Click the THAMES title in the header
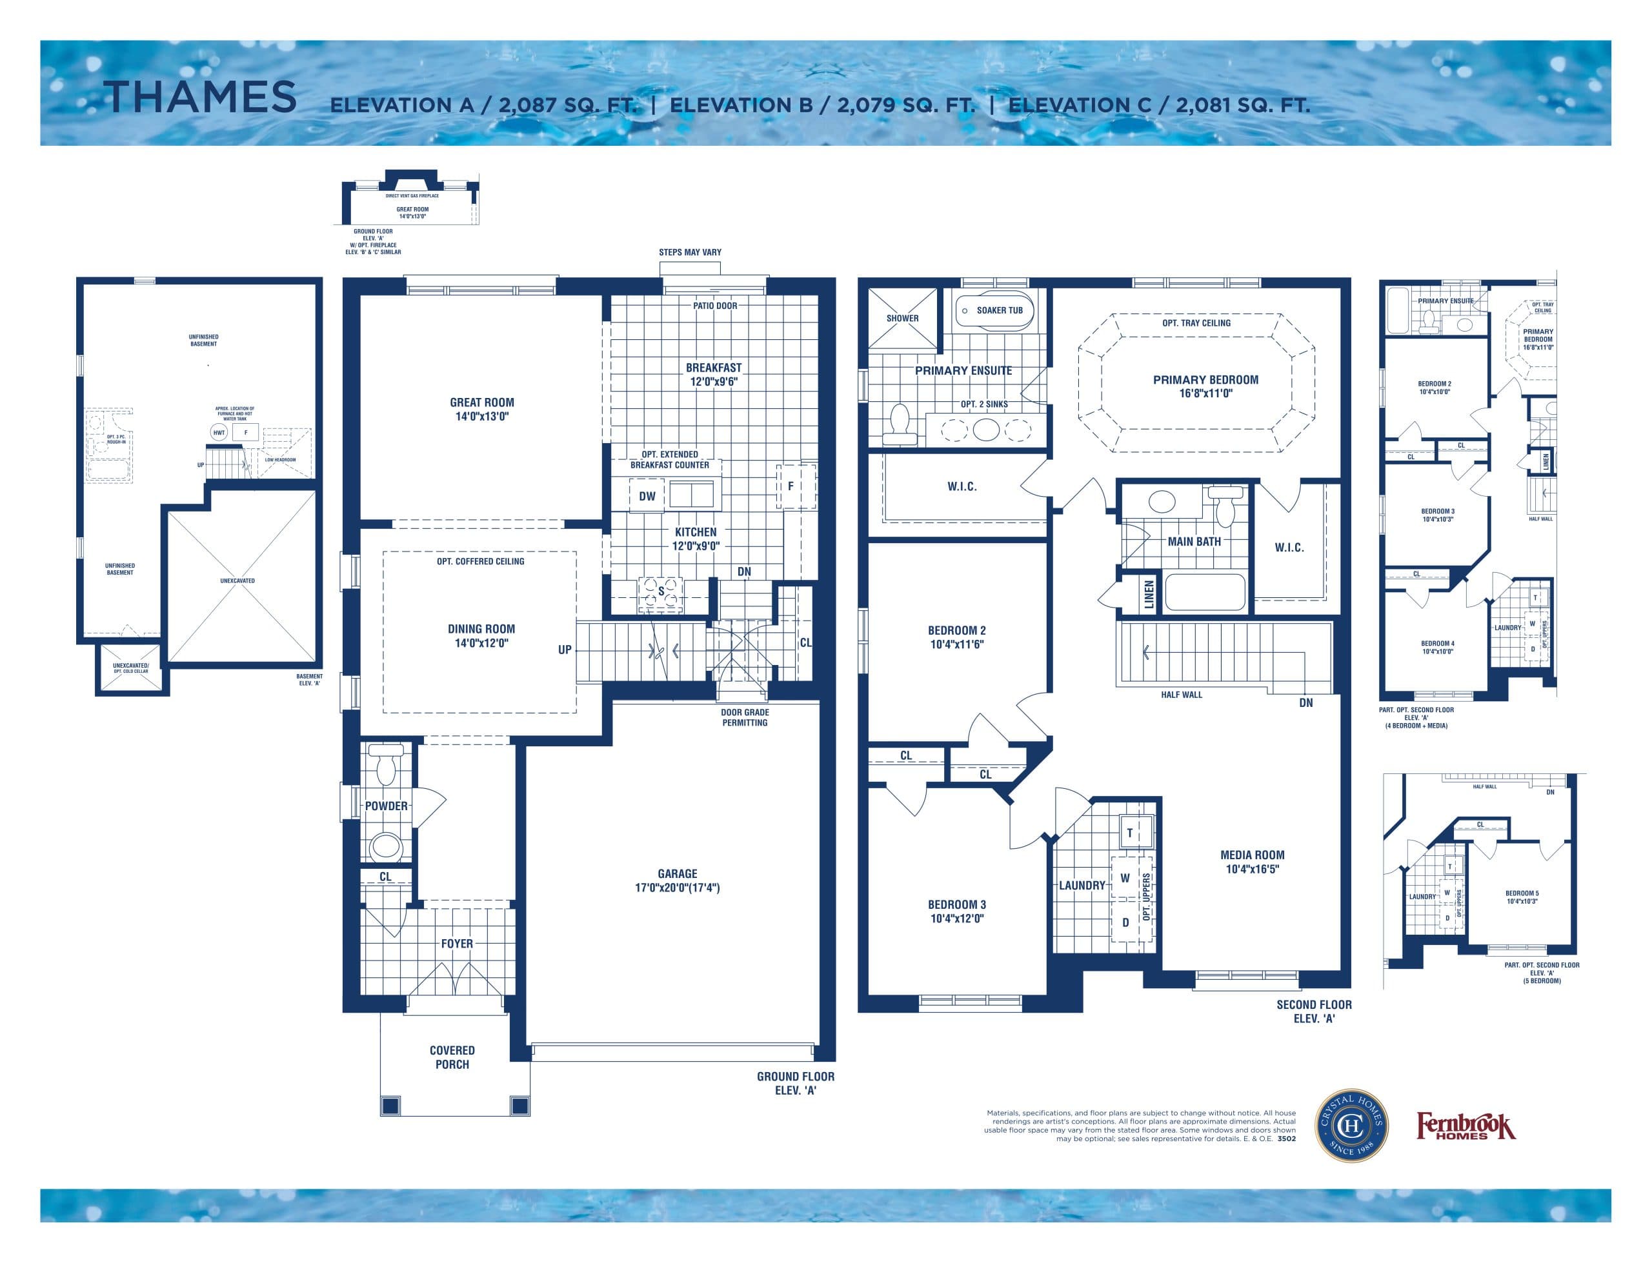point(200,98)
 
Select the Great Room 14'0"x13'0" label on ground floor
point(482,409)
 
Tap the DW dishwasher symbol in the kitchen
point(647,496)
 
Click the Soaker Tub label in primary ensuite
point(998,310)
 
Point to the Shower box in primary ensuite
point(902,318)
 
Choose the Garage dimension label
point(677,880)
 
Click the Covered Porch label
point(452,1057)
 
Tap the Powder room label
point(387,806)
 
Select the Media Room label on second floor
point(1252,862)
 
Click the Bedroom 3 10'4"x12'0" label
point(956,911)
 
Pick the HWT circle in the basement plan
point(219,432)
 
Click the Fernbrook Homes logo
point(1466,1126)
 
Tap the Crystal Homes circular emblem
point(1351,1126)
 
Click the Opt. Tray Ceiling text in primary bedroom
point(1196,323)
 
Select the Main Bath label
point(1194,541)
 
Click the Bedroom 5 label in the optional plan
point(1521,897)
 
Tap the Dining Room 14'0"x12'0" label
point(481,636)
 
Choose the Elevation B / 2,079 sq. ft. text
point(822,105)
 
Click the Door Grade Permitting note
point(745,717)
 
